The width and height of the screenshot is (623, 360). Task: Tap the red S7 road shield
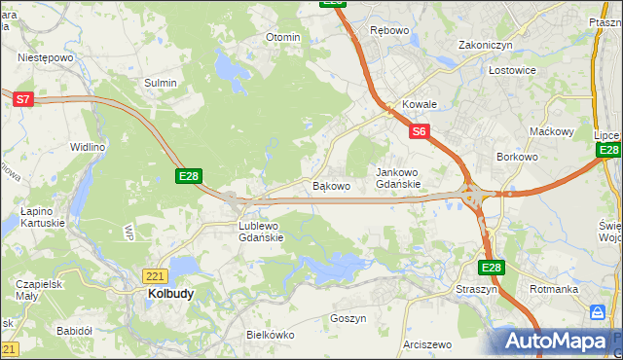[x=23, y=98]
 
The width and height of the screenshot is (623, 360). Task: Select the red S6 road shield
[x=419, y=130]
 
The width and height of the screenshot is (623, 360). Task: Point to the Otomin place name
[x=283, y=37]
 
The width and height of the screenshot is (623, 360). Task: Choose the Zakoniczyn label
[x=486, y=45]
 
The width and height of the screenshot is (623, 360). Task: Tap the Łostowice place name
[x=512, y=71]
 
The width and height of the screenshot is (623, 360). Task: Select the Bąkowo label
[x=331, y=185]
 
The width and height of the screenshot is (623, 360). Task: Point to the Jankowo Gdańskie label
[x=398, y=178]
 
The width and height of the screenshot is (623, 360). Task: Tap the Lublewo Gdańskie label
[x=261, y=232]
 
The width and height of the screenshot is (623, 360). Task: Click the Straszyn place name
[x=476, y=290]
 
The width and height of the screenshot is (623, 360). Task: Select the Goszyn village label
[x=348, y=318]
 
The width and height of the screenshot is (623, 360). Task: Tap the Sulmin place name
[x=161, y=83]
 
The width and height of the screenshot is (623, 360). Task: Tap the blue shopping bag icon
[x=598, y=313]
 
